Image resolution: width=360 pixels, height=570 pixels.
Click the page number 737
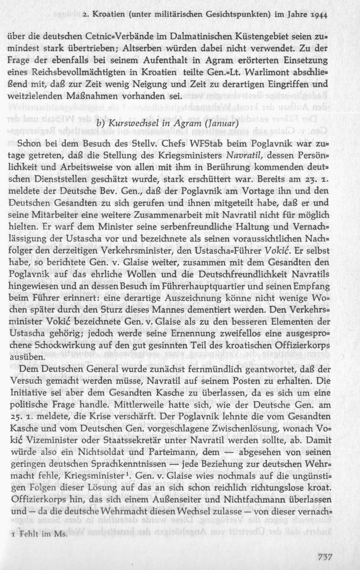click(x=325, y=557)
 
